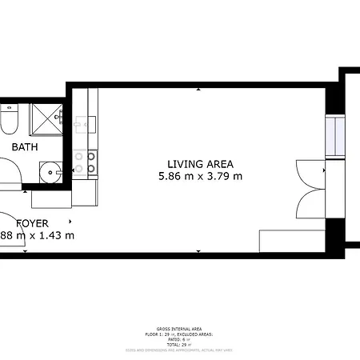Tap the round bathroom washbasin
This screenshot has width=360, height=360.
[x=51, y=170]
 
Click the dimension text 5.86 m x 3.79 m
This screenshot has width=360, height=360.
[x=200, y=176]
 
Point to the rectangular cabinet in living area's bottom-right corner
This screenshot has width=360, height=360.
[x=291, y=241]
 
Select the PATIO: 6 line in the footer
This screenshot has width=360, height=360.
[x=179, y=339]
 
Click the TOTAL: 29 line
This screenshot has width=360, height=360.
[x=179, y=344]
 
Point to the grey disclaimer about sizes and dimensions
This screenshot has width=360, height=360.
[x=179, y=350]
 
